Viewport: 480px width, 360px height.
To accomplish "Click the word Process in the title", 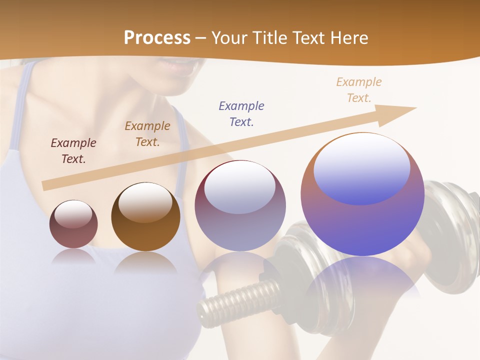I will click(157, 38).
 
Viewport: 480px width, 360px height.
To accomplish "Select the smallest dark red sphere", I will click(73, 224).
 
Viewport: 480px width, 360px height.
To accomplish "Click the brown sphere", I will click(145, 217).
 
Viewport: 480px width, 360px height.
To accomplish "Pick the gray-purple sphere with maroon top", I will click(240, 205).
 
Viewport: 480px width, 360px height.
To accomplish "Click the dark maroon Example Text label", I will click(73, 151).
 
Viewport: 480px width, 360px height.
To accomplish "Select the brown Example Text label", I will click(147, 134).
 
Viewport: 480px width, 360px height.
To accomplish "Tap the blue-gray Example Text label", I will click(241, 114).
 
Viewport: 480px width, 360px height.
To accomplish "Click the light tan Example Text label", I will click(359, 90).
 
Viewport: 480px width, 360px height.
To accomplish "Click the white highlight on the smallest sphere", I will click(73, 214).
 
